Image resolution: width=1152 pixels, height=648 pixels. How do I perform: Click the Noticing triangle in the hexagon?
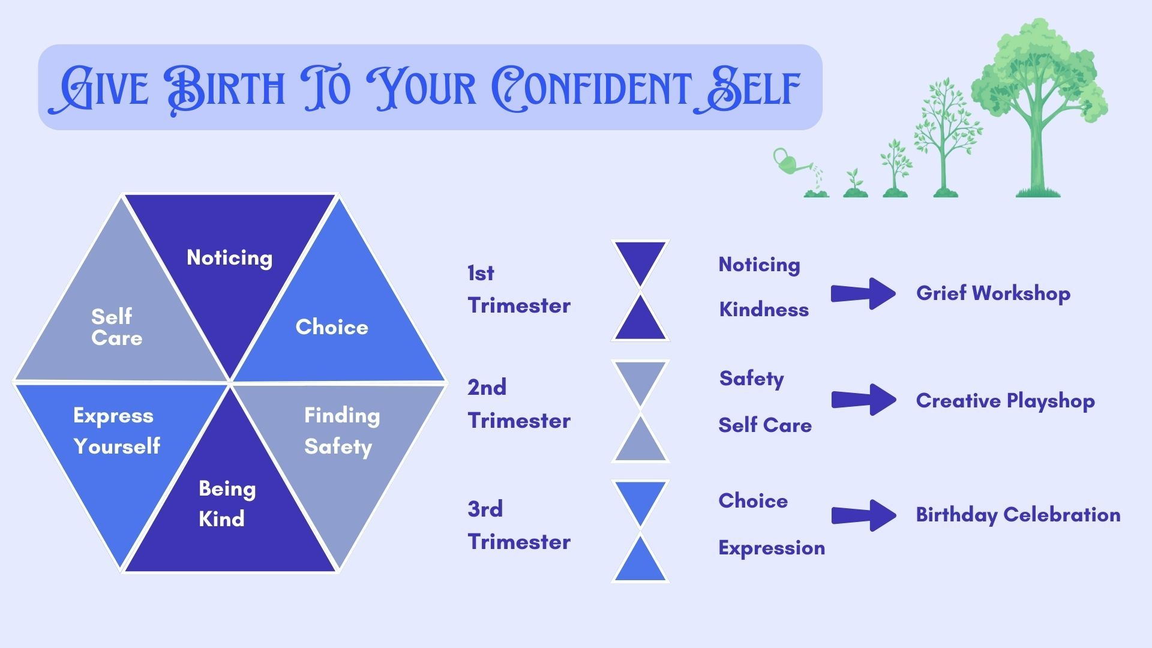click(x=230, y=258)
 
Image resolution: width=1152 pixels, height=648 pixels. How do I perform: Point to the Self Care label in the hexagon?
click(x=116, y=328)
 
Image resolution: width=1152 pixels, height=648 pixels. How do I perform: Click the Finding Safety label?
click(x=341, y=431)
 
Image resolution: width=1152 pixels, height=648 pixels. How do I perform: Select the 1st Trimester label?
click(x=518, y=289)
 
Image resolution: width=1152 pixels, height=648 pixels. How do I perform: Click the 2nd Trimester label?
click(x=518, y=404)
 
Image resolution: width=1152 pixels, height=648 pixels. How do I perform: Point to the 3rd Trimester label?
click(x=518, y=526)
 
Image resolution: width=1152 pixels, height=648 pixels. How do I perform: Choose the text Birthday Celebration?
click(x=1018, y=515)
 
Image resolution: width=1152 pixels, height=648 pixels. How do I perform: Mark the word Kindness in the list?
click(x=763, y=310)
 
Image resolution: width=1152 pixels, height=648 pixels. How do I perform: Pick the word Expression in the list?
click(x=771, y=548)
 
